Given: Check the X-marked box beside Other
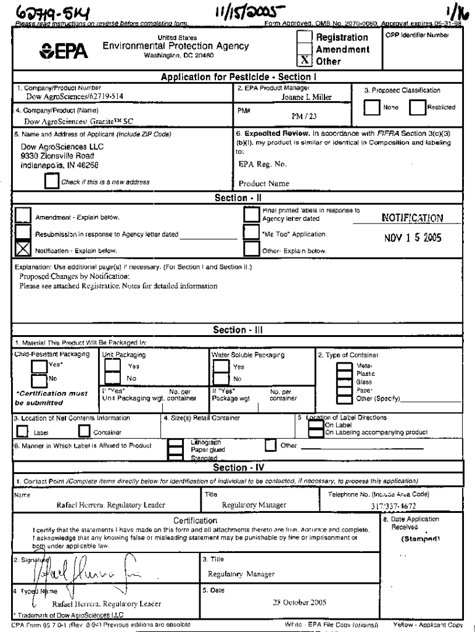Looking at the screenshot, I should [304, 62].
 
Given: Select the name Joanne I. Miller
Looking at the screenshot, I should [307, 97].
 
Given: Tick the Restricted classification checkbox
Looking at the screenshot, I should [417, 107].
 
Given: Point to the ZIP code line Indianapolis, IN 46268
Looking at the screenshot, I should [60, 165].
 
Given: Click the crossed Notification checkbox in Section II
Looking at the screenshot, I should [23, 248].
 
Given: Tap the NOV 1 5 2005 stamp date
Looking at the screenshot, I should [411, 238].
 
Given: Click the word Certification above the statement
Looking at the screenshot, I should [195, 521].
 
